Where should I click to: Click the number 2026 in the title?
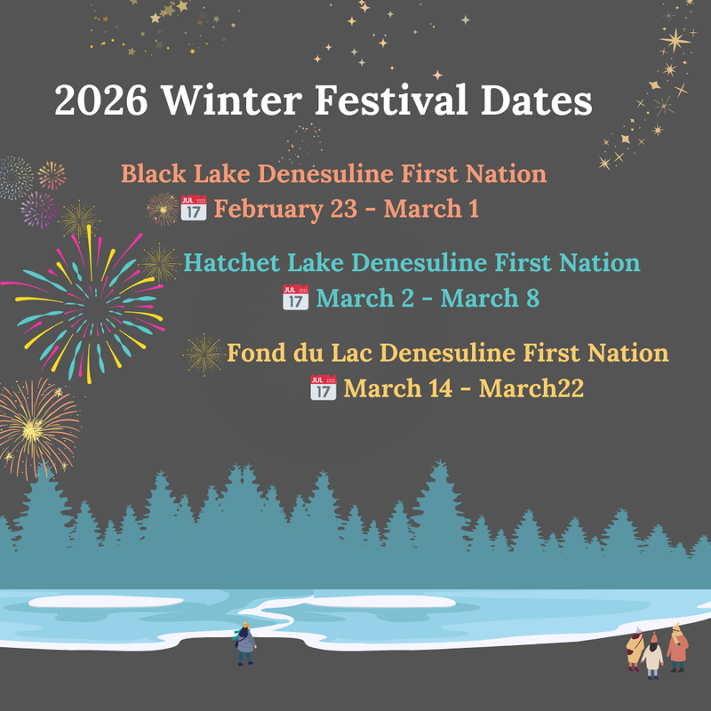pos(100,100)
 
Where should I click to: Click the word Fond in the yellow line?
pos(253,353)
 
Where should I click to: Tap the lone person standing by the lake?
pos(244,643)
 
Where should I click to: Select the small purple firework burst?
pos(38,210)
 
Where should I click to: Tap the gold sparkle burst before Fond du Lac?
pos(204,355)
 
